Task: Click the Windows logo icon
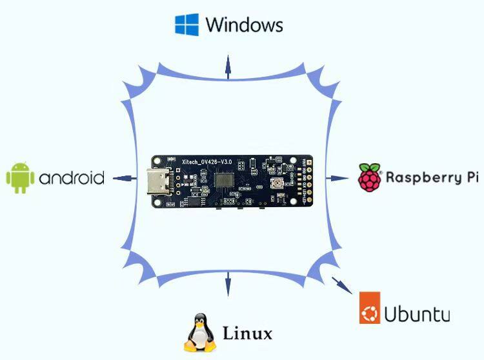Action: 187,24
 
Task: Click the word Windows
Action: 244,25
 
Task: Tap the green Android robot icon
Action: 20,177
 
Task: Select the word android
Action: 72,178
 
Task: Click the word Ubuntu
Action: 417,314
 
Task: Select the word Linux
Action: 247,334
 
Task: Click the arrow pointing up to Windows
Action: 227,66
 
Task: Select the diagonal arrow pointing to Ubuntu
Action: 339,283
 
